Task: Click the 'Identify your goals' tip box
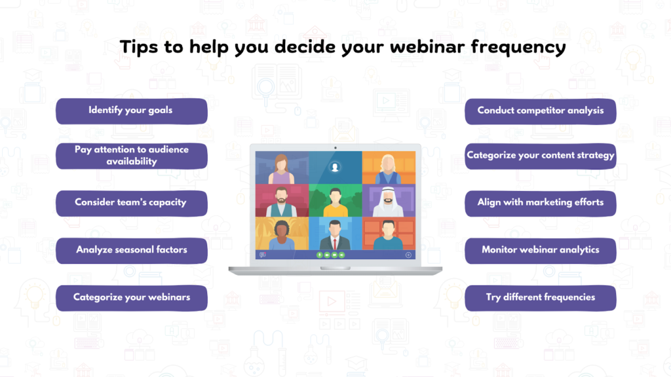[x=131, y=111]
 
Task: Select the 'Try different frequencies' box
[x=541, y=298]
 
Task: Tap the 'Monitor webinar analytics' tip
[x=541, y=251]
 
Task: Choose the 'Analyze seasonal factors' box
[x=131, y=251]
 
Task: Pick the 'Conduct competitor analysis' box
[x=541, y=111]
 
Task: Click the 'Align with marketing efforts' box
[x=541, y=204]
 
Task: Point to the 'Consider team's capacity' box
[x=131, y=204]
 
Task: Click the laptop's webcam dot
[x=335, y=147]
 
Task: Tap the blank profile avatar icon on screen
[x=335, y=168]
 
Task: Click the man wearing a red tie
[x=335, y=234]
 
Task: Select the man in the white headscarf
[x=389, y=201]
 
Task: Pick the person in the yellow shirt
[x=335, y=201]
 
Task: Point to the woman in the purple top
[x=282, y=169]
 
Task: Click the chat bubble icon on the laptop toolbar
[x=263, y=255]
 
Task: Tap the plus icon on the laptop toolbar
[x=408, y=255]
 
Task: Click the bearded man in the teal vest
[x=282, y=201]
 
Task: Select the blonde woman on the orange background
[x=389, y=169]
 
